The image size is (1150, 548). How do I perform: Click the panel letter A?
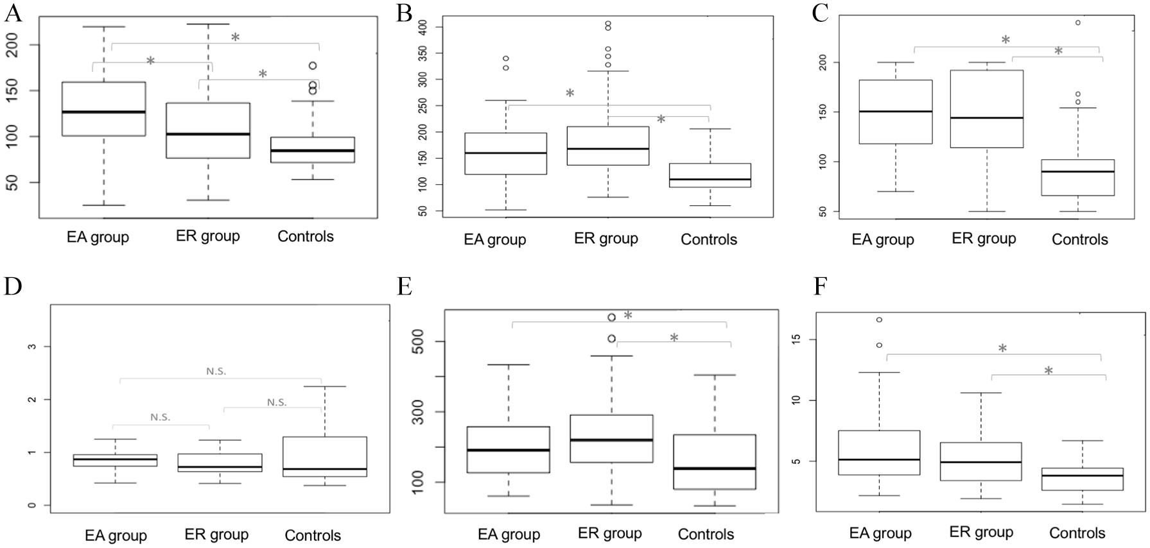[13, 13]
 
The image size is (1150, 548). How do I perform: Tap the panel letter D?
[13, 286]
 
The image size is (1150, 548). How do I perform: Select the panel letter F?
[820, 286]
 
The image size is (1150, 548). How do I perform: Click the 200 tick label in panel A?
[13, 45]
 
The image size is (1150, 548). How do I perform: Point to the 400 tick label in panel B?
[421, 27]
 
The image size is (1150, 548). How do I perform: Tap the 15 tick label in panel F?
[796, 339]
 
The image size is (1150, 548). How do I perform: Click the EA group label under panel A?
[98, 237]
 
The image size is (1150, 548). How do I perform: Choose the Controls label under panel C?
[1080, 239]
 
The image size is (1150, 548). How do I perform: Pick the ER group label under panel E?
[610, 533]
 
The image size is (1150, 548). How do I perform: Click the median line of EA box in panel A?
[103, 112]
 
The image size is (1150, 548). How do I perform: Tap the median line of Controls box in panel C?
[1077, 171]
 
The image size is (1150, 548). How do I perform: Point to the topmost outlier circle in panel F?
[879, 320]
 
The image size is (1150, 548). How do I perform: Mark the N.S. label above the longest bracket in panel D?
[216, 371]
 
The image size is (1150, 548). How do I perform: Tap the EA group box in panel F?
[879, 452]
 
